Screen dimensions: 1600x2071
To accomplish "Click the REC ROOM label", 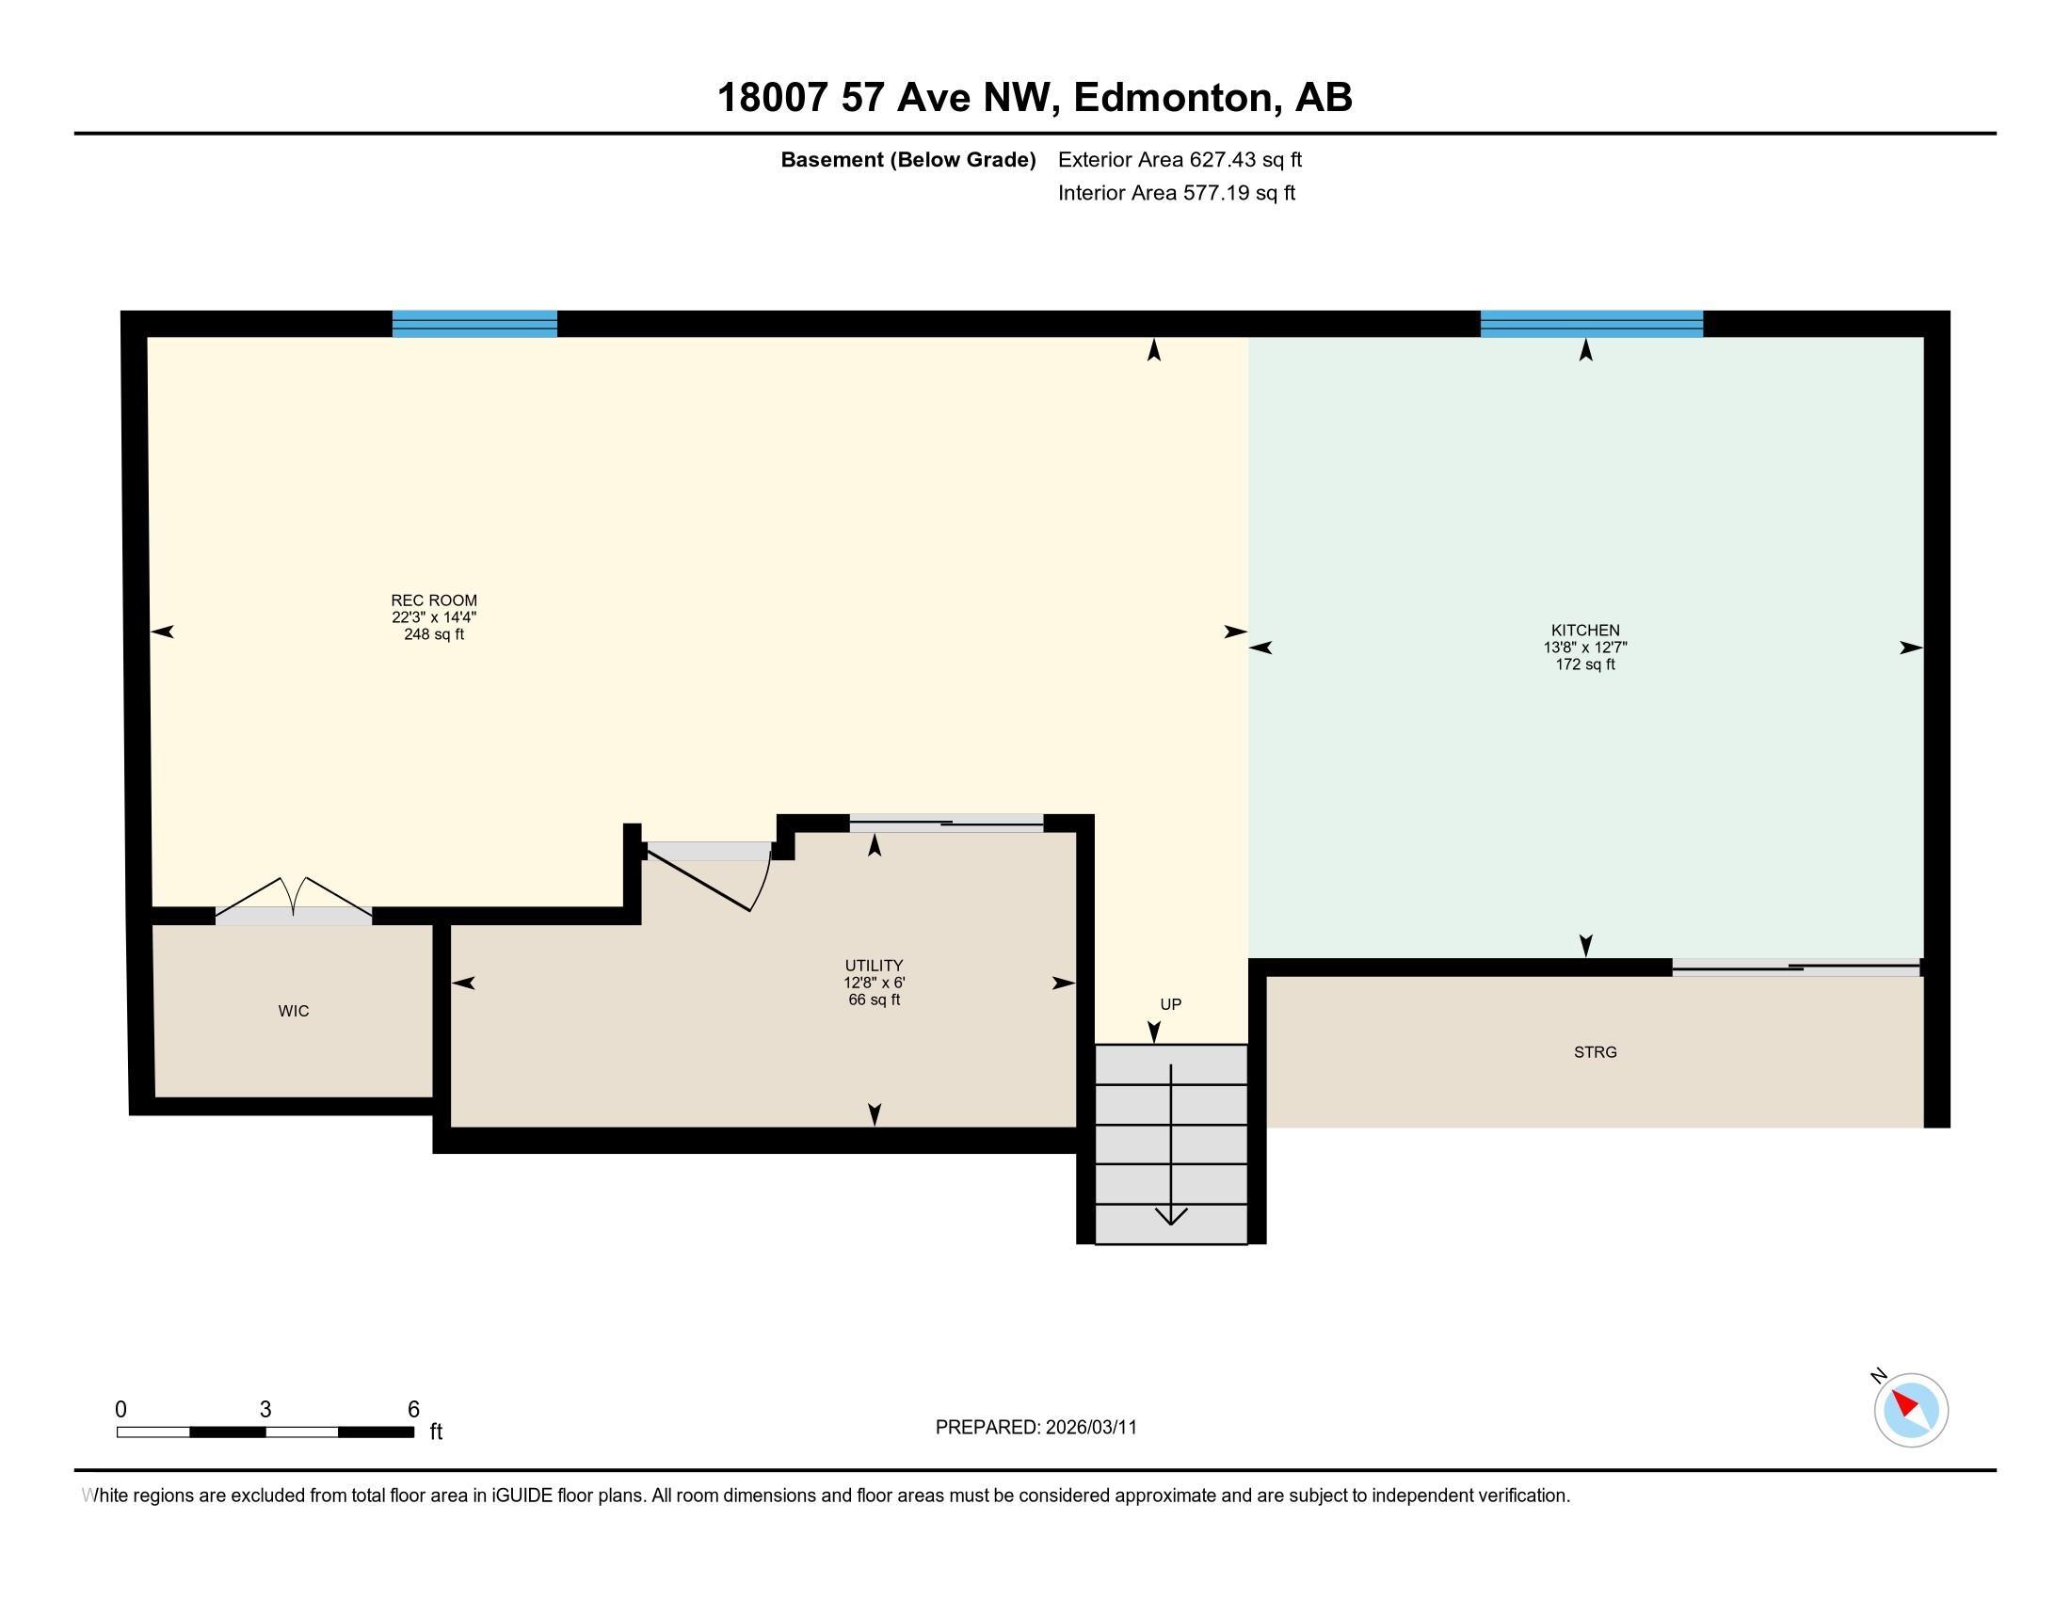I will (x=433, y=600).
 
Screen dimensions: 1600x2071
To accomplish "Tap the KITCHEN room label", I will (x=1584, y=631).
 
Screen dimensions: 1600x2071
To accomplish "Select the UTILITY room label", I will (x=874, y=966).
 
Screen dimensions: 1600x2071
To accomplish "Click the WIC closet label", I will (x=293, y=1012).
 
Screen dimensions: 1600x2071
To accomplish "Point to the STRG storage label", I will (x=1595, y=1052).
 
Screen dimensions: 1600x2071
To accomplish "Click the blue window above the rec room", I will (x=474, y=324).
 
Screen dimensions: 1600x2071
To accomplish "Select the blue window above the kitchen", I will (x=1591, y=324).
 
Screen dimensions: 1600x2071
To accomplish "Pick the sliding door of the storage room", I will (x=1795, y=968).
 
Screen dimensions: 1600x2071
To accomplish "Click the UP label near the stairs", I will (x=1170, y=1005).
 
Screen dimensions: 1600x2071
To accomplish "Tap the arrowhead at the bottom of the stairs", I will (x=1170, y=1215).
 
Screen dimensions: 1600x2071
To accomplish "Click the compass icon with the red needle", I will (x=1911, y=1411).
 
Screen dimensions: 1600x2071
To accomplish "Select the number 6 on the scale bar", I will (x=413, y=1410).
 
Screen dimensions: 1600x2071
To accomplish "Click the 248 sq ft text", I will (x=433, y=634).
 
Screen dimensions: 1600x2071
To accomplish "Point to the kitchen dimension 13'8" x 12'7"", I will (x=1584, y=648).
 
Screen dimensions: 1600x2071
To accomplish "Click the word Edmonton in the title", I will (x=1172, y=98).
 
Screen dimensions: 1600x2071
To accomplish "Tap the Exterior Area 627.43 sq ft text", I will (x=1180, y=160).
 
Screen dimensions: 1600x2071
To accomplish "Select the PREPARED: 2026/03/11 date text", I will (x=1035, y=1428).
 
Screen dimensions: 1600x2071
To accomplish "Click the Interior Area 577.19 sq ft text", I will (x=1176, y=193).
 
